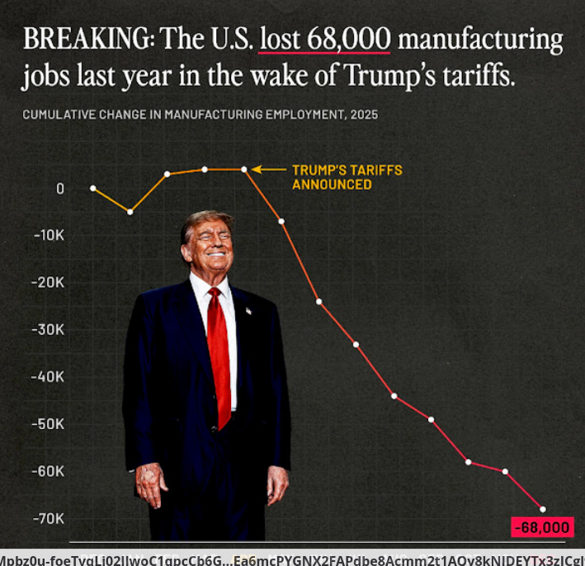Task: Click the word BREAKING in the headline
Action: pos(84,40)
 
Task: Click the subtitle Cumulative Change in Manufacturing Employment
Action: pos(201,115)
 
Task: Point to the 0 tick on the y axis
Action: pos(60,188)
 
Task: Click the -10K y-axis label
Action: pos(50,235)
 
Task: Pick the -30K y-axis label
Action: pos(50,329)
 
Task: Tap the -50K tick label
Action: pos(50,424)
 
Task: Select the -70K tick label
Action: pos(50,518)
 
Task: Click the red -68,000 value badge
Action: pos(541,527)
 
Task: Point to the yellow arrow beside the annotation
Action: pos(268,170)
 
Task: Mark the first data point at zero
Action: pos(92,188)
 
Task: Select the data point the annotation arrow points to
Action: pos(244,170)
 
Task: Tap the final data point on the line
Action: pos(543,508)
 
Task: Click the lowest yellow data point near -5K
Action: pos(130,212)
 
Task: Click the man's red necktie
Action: pos(219,355)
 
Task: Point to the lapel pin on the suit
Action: pos(248,311)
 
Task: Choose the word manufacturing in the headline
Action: pos(480,40)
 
